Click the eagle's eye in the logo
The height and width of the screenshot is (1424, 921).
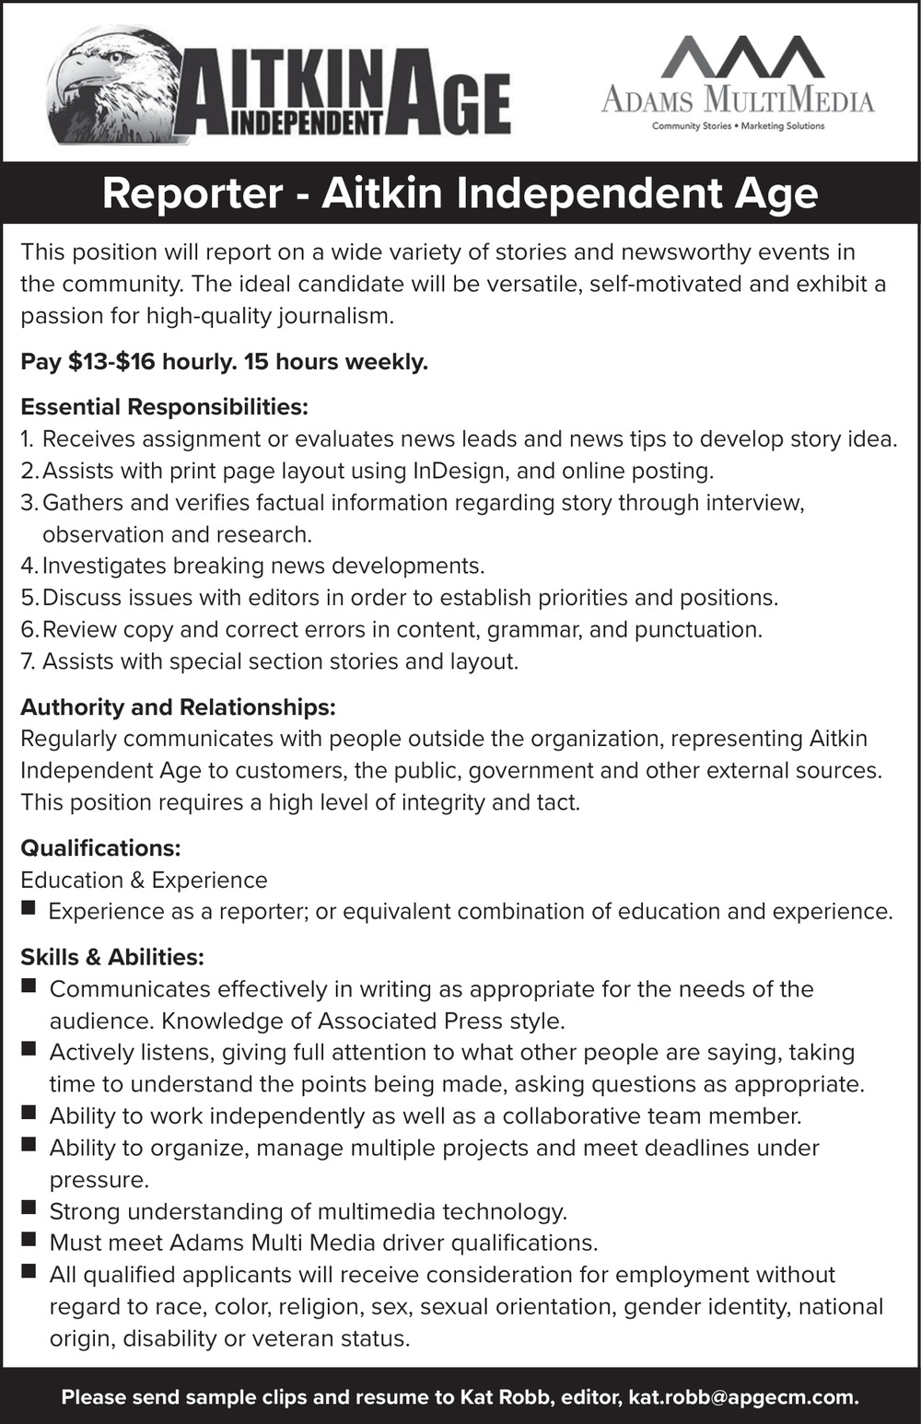tap(115, 57)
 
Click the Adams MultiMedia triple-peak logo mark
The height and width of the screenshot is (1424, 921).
tap(742, 57)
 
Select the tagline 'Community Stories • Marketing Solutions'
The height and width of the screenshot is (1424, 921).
tap(738, 126)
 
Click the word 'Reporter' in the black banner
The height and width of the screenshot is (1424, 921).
tap(192, 194)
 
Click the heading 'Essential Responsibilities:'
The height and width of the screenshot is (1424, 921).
tap(164, 407)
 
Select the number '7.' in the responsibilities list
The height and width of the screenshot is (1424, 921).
tap(29, 661)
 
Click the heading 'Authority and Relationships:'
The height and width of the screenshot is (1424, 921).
tap(178, 707)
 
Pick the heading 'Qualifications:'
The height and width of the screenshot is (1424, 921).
tap(100, 847)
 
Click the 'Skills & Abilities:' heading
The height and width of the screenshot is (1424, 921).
tap(112, 957)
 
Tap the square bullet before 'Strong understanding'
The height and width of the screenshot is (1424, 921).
tap(29, 1208)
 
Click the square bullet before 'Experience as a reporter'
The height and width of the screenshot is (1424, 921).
tap(29, 909)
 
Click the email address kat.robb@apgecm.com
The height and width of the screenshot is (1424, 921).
tap(742, 1397)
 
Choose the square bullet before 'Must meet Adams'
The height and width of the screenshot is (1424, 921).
tap(29, 1241)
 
